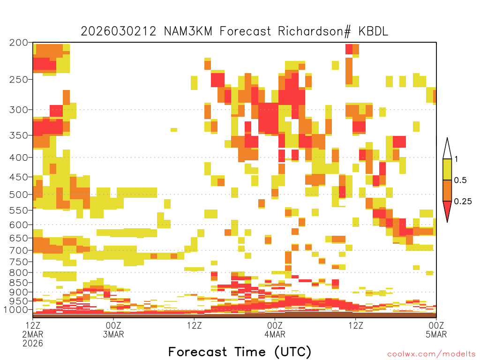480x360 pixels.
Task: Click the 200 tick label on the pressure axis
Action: (x=19, y=43)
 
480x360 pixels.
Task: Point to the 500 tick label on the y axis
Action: (x=19, y=195)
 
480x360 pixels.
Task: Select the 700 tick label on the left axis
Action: (x=19, y=250)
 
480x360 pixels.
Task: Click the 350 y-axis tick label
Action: (x=19, y=135)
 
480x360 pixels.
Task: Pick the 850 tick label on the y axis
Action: (x=19, y=283)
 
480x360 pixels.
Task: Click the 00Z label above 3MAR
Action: (x=113, y=325)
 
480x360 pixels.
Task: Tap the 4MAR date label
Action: (x=275, y=334)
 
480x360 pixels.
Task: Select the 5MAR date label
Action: (x=436, y=334)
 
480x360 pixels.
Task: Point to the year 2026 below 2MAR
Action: (x=33, y=343)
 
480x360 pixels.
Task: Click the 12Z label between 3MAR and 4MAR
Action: (x=195, y=325)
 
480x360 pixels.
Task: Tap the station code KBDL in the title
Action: (x=373, y=31)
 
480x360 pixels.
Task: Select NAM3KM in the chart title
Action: (x=188, y=31)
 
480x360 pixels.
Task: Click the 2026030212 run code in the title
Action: (x=119, y=31)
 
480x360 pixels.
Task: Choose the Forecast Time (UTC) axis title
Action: (x=240, y=352)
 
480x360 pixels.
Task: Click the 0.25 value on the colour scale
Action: (x=463, y=201)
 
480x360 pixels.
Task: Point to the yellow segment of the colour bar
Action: (x=447, y=169)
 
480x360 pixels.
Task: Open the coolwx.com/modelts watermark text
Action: (x=432, y=354)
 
